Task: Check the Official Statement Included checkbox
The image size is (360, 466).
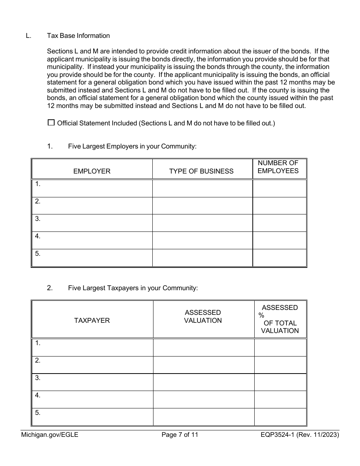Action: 51,123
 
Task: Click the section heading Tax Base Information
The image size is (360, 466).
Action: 78,36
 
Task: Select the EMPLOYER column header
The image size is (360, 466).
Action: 92,171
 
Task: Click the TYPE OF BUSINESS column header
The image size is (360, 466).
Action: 201,171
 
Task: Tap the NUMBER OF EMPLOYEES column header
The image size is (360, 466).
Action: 278,167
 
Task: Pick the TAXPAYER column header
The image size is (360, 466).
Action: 92,320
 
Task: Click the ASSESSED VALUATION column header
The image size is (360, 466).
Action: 203,316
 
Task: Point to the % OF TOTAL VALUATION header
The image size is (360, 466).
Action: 280,319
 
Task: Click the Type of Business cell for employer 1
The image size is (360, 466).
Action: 202,188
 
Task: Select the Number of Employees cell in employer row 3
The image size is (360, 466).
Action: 279,223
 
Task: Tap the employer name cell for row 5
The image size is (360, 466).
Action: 92,258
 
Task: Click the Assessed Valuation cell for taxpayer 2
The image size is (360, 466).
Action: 203,364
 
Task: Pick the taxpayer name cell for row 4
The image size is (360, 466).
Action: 92,399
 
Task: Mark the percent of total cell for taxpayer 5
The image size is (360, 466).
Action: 280,417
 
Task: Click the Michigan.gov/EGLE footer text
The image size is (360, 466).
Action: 50,435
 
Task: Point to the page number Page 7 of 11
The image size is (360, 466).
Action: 180,435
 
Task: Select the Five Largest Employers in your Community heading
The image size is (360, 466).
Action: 132,146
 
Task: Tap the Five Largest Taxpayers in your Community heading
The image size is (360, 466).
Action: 133,288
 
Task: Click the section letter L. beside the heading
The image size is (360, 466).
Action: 28,36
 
